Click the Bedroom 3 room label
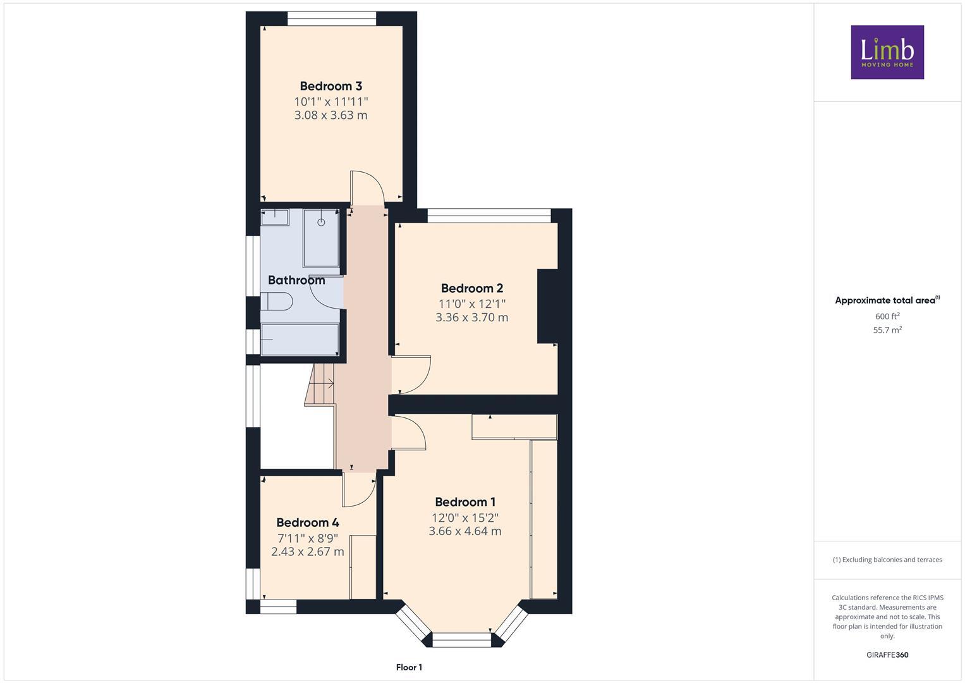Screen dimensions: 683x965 click(x=331, y=86)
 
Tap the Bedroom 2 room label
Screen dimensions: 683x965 click(x=471, y=288)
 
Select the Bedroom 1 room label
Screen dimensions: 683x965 click(x=465, y=502)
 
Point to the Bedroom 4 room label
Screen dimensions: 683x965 click(x=307, y=522)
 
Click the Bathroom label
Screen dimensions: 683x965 click(x=296, y=280)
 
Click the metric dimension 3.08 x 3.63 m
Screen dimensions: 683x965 click(x=331, y=115)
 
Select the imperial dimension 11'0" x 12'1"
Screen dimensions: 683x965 click(x=471, y=304)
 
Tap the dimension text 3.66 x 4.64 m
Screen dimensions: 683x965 click(x=465, y=531)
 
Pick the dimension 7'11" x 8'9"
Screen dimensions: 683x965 click(x=308, y=538)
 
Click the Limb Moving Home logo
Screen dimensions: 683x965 click(x=887, y=52)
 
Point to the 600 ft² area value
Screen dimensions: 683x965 click(x=887, y=316)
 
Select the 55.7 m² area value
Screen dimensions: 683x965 click(x=887, y=330)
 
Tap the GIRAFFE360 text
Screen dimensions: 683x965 click(x=887, y=655)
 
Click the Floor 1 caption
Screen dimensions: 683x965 click(x=409, y=667)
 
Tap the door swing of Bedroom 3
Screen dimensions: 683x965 click(x=367, y=188)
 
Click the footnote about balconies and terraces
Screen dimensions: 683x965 click(x=887, y=560)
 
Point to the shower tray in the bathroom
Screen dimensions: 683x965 click(x=321, y=238)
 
